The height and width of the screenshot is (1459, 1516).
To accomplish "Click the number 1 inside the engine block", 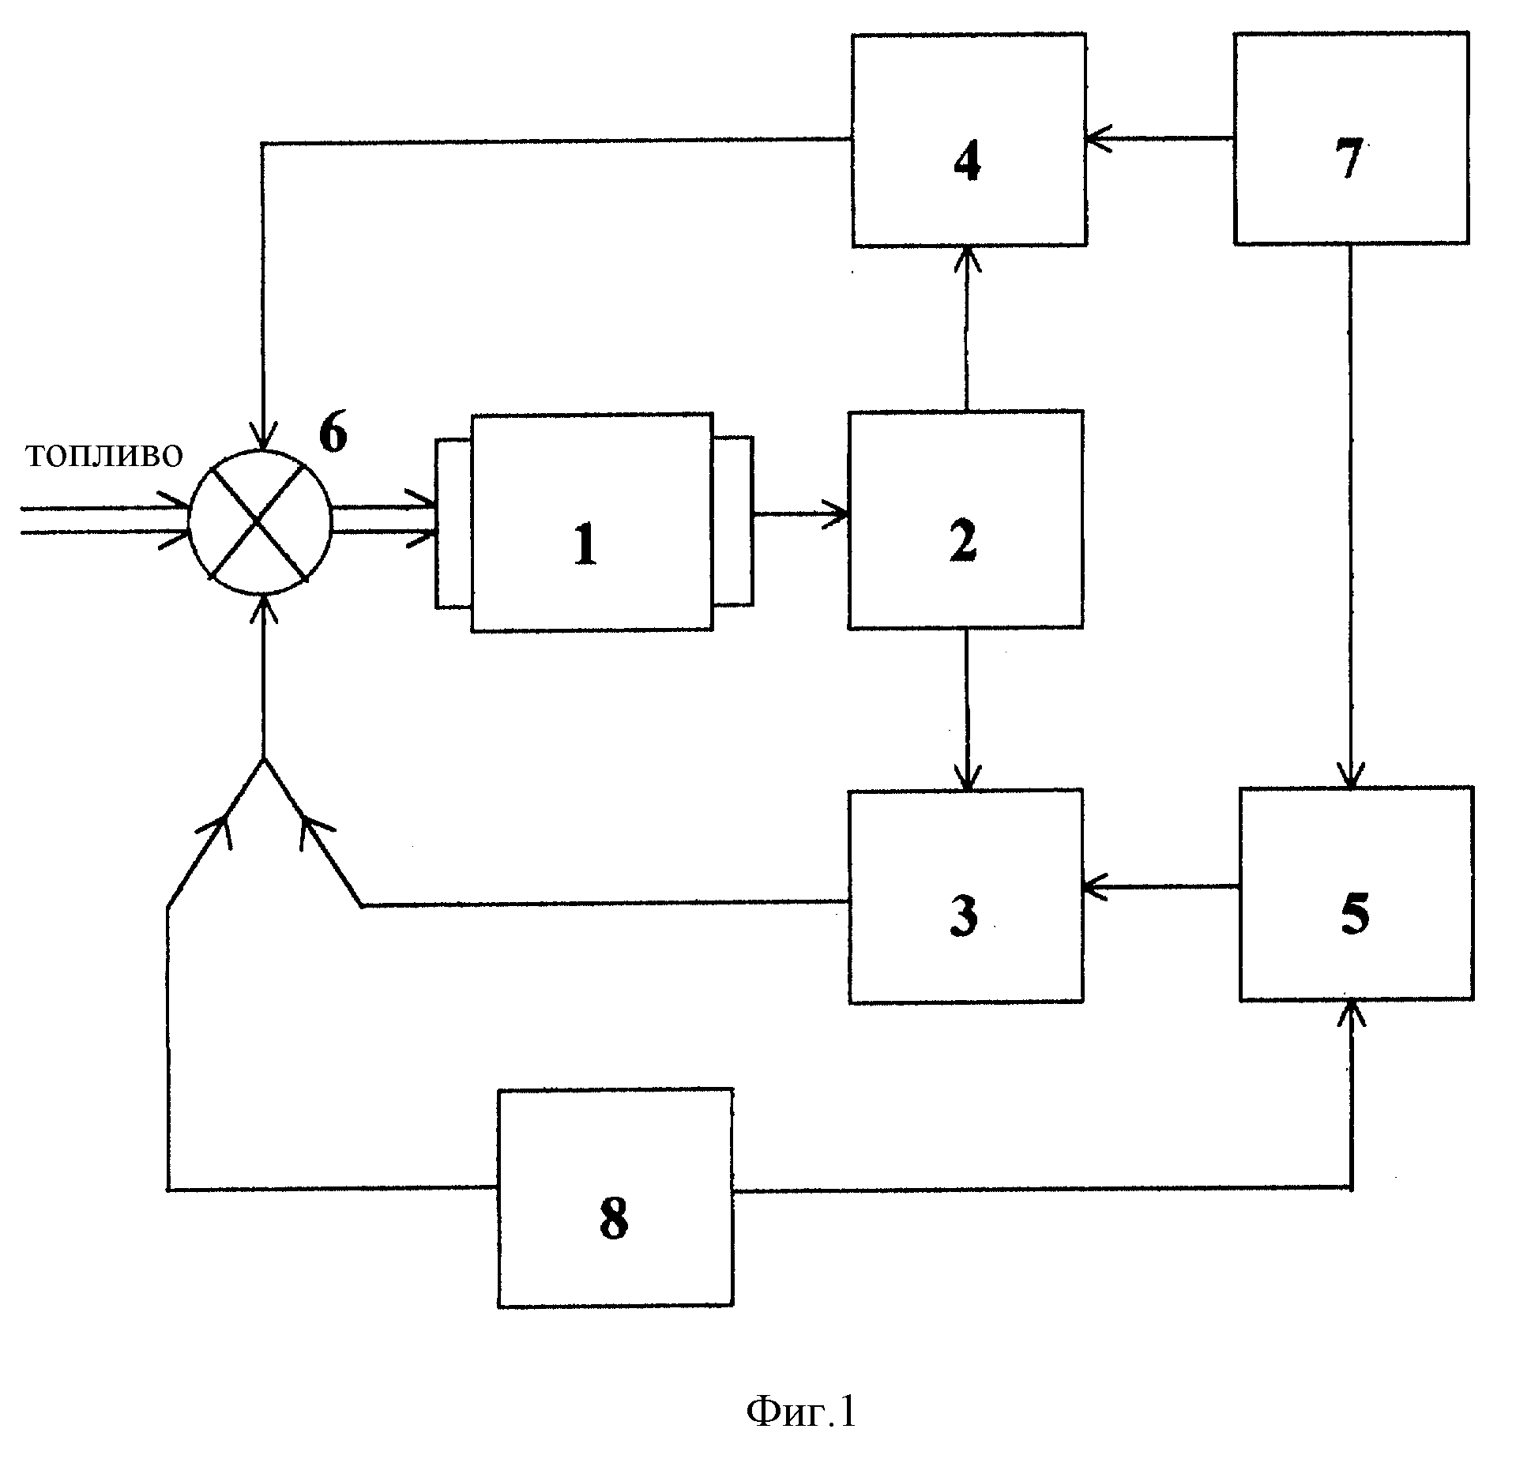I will click(585, 545).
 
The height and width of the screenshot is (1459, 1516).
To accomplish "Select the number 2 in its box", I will click(963, 541).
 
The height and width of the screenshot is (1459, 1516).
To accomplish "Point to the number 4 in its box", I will click(968, 164).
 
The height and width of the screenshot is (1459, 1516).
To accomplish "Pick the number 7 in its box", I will click(1349, 162).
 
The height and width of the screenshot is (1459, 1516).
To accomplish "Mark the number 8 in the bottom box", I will click(614, 1219).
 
